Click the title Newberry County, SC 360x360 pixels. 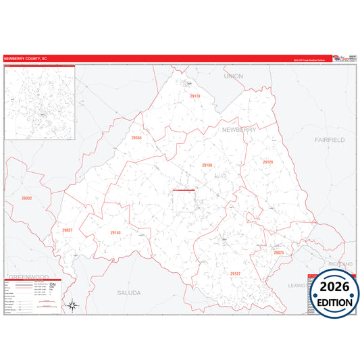(x=26, y=59)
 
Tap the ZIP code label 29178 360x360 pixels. (x=195, y=97)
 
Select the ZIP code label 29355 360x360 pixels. (x=136, y=138)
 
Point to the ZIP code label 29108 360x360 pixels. (x=207, y=165)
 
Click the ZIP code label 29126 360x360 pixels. (x=268, y=162)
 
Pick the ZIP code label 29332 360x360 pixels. (x=26, y=199)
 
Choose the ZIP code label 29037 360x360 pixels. (x=67, y=230)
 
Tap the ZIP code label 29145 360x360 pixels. (x=115, y=233)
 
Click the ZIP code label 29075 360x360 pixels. (x=279, y=252)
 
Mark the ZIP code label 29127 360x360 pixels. (x=235, y=274)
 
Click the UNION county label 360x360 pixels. (x=234, y=76)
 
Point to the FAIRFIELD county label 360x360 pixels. (x=330, y=139)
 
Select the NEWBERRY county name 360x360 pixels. (x=239, y=129)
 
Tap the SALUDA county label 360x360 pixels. (x=128, y=293)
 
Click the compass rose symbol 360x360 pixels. (x=73, y=306)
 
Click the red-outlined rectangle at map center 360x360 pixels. (x=184, y=202)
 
